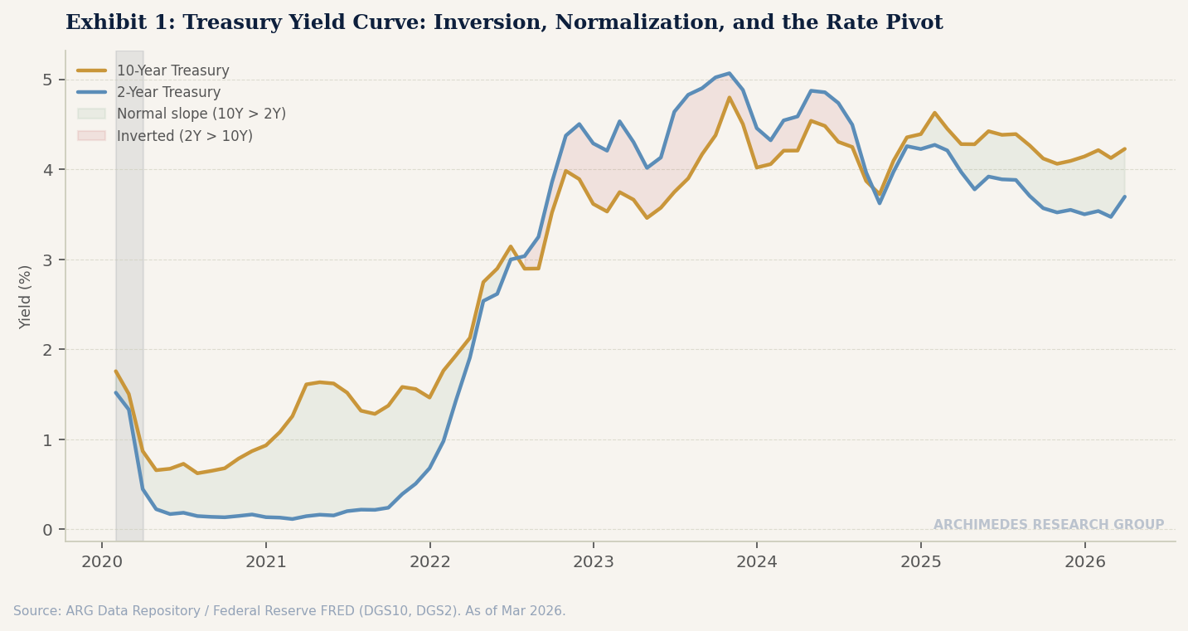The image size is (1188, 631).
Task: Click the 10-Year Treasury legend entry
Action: point(172,71)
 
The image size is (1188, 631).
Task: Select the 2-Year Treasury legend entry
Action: point(168,93)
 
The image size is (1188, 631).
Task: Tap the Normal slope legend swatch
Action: point(91,114)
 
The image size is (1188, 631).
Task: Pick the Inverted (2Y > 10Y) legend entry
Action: point(184,136)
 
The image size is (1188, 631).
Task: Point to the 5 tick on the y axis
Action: point(47,80)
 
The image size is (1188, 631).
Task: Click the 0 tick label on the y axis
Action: point(47,530)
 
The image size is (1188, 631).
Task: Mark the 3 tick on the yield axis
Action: point(47,260)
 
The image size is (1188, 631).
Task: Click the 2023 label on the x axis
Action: point(593,563)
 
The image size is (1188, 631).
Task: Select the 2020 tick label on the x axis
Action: point(102,563)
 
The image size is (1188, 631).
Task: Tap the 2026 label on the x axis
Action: point(1084,563)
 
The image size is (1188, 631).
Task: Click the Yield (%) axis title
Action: point(26,297)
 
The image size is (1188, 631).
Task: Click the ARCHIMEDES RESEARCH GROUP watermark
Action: point(1048,525)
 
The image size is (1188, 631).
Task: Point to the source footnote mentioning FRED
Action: point(289,611)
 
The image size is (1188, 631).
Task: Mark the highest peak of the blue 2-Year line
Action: point(729,73)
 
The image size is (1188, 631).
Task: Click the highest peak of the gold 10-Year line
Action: point(729,98)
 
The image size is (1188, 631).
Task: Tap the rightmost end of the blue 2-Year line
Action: point(1124,197)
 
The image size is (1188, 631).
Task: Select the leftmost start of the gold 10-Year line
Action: point(116,371)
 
